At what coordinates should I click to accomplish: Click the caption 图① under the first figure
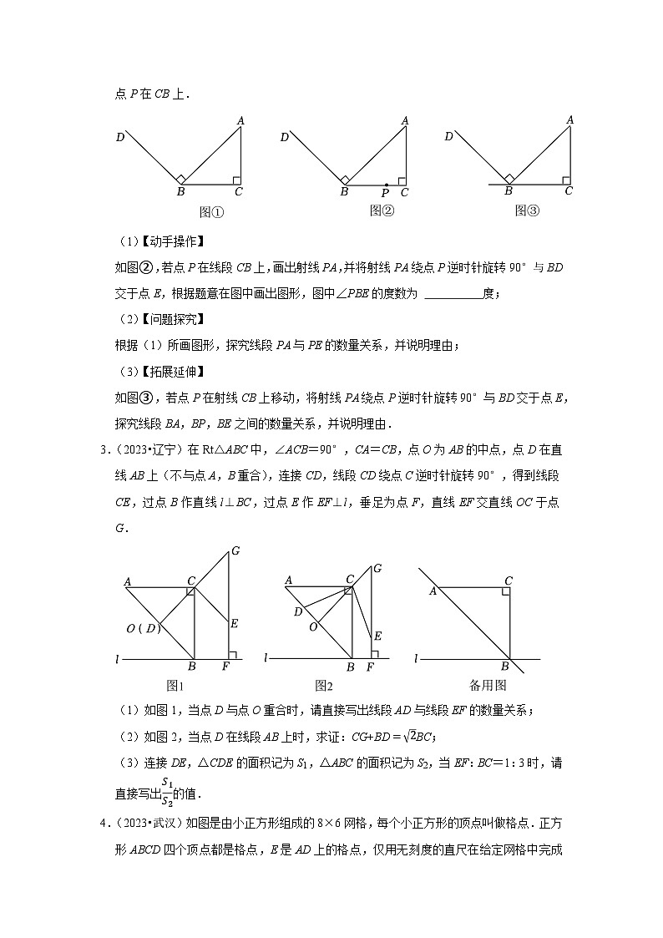click(211, 212)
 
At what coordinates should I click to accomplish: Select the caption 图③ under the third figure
click(527, 211)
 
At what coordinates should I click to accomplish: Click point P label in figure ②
click(384, 193)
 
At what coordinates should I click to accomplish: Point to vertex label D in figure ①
click(120, 137)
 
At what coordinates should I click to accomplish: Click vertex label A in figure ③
click(570, 120)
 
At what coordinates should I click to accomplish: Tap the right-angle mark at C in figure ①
click(236, 180)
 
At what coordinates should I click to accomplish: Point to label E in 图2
click(377, 636)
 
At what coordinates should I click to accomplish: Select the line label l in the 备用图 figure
click(417, 659)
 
